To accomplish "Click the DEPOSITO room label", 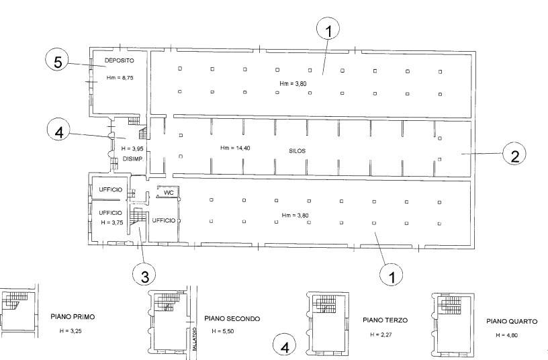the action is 119,60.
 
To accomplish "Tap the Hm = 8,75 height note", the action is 120,78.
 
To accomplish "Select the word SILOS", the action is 297,151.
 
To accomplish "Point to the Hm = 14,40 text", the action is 235,148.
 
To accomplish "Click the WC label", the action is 169,193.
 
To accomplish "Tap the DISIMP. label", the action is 134,159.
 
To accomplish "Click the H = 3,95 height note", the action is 132,149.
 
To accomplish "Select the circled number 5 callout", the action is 58,62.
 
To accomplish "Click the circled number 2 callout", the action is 514,154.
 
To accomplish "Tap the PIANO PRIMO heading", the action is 73,317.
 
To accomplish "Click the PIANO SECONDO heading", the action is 232,319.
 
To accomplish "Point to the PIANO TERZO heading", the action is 385,320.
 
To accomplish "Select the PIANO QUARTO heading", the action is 512,321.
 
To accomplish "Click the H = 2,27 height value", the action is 381,335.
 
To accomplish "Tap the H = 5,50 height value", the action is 223,331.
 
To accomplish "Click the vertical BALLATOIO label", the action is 194,339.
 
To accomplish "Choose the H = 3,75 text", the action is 112,222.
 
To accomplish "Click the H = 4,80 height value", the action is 507,336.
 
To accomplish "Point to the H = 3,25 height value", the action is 71,331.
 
